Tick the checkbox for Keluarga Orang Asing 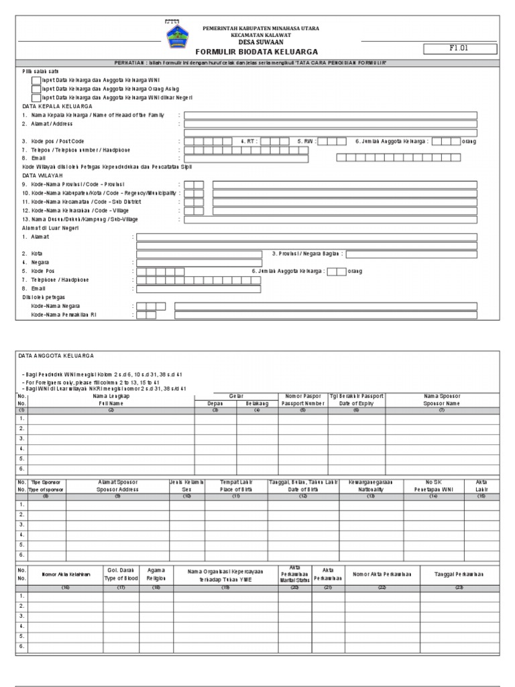[36, 89]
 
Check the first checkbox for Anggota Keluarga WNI [36, 80]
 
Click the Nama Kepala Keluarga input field [331, 115]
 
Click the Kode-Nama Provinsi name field [345, 184]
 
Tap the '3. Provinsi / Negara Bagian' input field [412, 254]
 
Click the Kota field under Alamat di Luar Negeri [199, 254]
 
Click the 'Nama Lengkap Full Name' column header [111, 401]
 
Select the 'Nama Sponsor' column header [442, 401]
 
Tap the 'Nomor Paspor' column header [302, 401]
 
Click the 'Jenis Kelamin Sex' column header [187, 486]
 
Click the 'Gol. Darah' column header [121, 574]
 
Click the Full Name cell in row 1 [111, 419]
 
